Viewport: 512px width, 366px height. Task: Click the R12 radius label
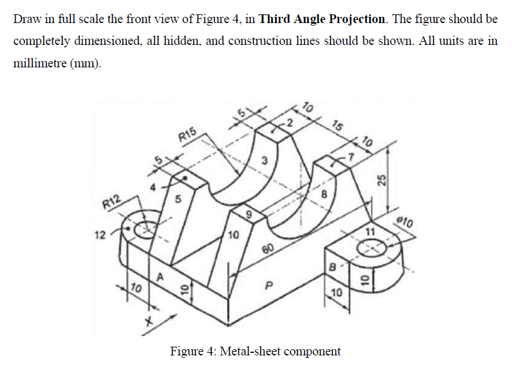(112, 203)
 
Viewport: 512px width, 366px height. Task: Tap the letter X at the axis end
(150, 322)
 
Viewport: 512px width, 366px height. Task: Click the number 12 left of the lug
(99, 235)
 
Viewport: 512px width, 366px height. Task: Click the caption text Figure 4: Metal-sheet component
(256, 351)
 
